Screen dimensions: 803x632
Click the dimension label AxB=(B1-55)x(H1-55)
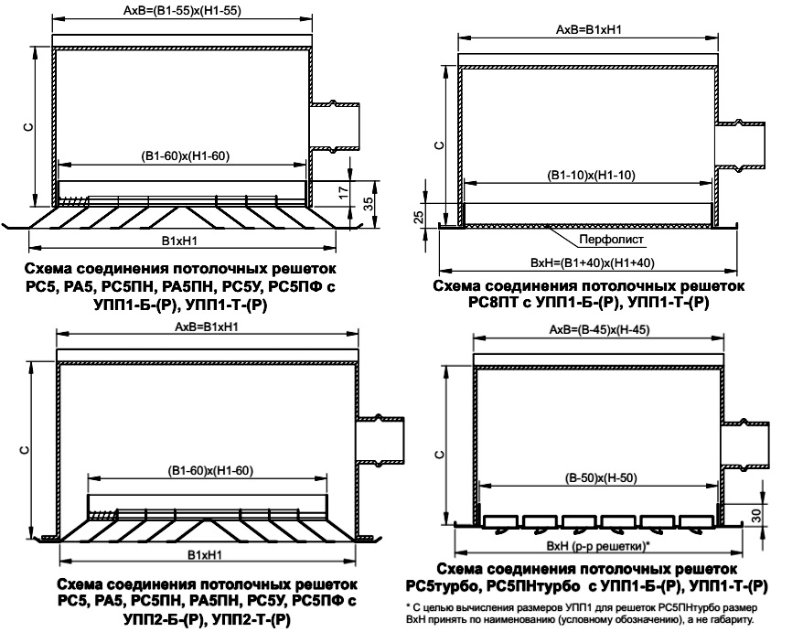tap(182, 10)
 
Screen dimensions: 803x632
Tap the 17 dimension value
tap(344, 193)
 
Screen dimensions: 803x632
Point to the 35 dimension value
tap(369, 203)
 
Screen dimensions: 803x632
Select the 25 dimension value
tap(418, 217)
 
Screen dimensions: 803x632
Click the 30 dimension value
tap(756, 514)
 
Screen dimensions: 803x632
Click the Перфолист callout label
tap(611, 240)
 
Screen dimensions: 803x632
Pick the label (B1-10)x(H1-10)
tap(591, 176)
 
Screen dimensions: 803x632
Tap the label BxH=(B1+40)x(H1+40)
tap(593, 262)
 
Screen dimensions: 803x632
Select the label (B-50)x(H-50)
tap(601, 478)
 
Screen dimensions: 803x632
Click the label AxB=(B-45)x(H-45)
tap(599, 330)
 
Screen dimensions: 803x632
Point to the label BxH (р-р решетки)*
tap(598, 546)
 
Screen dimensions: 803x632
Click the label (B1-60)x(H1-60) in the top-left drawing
tap(185, 155)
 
